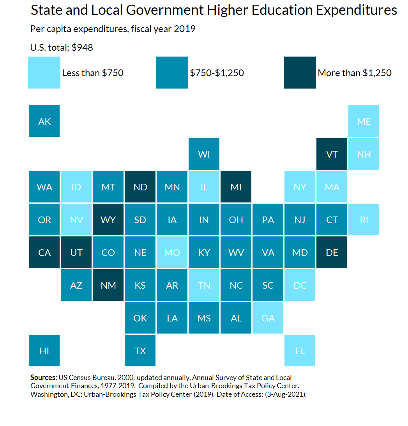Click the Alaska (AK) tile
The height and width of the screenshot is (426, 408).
[x=44, y=121]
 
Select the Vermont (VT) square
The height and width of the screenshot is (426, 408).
[x=332, y=154]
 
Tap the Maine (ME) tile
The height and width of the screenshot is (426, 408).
[x=364, y=121]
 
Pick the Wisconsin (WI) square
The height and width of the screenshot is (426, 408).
[x=204, y=154]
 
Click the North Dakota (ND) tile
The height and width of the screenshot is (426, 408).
[x=140, y=187]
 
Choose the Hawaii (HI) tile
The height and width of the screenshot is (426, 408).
[x=44, y=351]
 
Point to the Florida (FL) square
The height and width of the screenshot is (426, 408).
[x=300, y=351]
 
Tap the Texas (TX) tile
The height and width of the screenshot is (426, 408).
[x=140, y=351]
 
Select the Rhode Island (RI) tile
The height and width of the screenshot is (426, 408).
[x=364, y=220]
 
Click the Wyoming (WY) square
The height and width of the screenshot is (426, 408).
[x=108, y=220]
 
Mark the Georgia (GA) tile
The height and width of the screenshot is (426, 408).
[x=268, y=318]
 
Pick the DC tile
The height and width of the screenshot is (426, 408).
[x=300, y=285]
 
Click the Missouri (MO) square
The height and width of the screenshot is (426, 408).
[x=172, y=252]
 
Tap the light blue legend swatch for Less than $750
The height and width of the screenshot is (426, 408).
[x=44, y=73]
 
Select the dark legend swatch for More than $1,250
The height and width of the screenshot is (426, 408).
[x=300, y=73]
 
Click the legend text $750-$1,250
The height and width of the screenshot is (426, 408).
[x=217, y=73]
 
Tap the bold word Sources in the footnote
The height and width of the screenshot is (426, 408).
[x=44, y=378]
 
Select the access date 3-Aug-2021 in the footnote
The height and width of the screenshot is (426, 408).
[x=289, y=394]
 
